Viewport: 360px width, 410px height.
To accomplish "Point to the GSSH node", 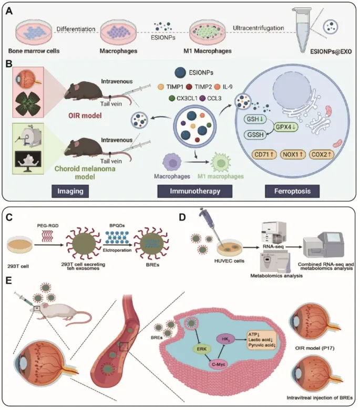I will tap(250, 135).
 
